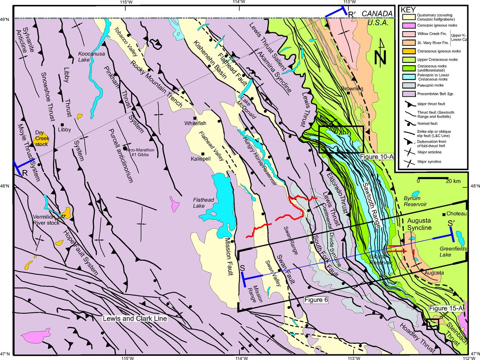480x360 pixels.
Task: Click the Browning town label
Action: pos(352,89)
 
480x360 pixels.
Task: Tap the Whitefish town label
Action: pos(195,123)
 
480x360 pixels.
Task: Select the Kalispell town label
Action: pos(201,159)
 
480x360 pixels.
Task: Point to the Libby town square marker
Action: pos(63,125)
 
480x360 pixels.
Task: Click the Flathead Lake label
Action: pos(204,203)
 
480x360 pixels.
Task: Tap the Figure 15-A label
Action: pos(446,308)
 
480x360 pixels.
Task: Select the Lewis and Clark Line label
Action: pos(135,318)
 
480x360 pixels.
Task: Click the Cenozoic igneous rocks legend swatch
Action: pos(409,25)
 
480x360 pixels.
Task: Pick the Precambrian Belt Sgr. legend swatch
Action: pos(409,94)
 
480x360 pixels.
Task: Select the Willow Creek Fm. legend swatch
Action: pos(409,34)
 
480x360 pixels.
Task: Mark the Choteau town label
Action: pos(456,214)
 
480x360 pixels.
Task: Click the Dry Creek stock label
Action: pos(42,138)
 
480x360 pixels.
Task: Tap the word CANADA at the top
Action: pos(377,14)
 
